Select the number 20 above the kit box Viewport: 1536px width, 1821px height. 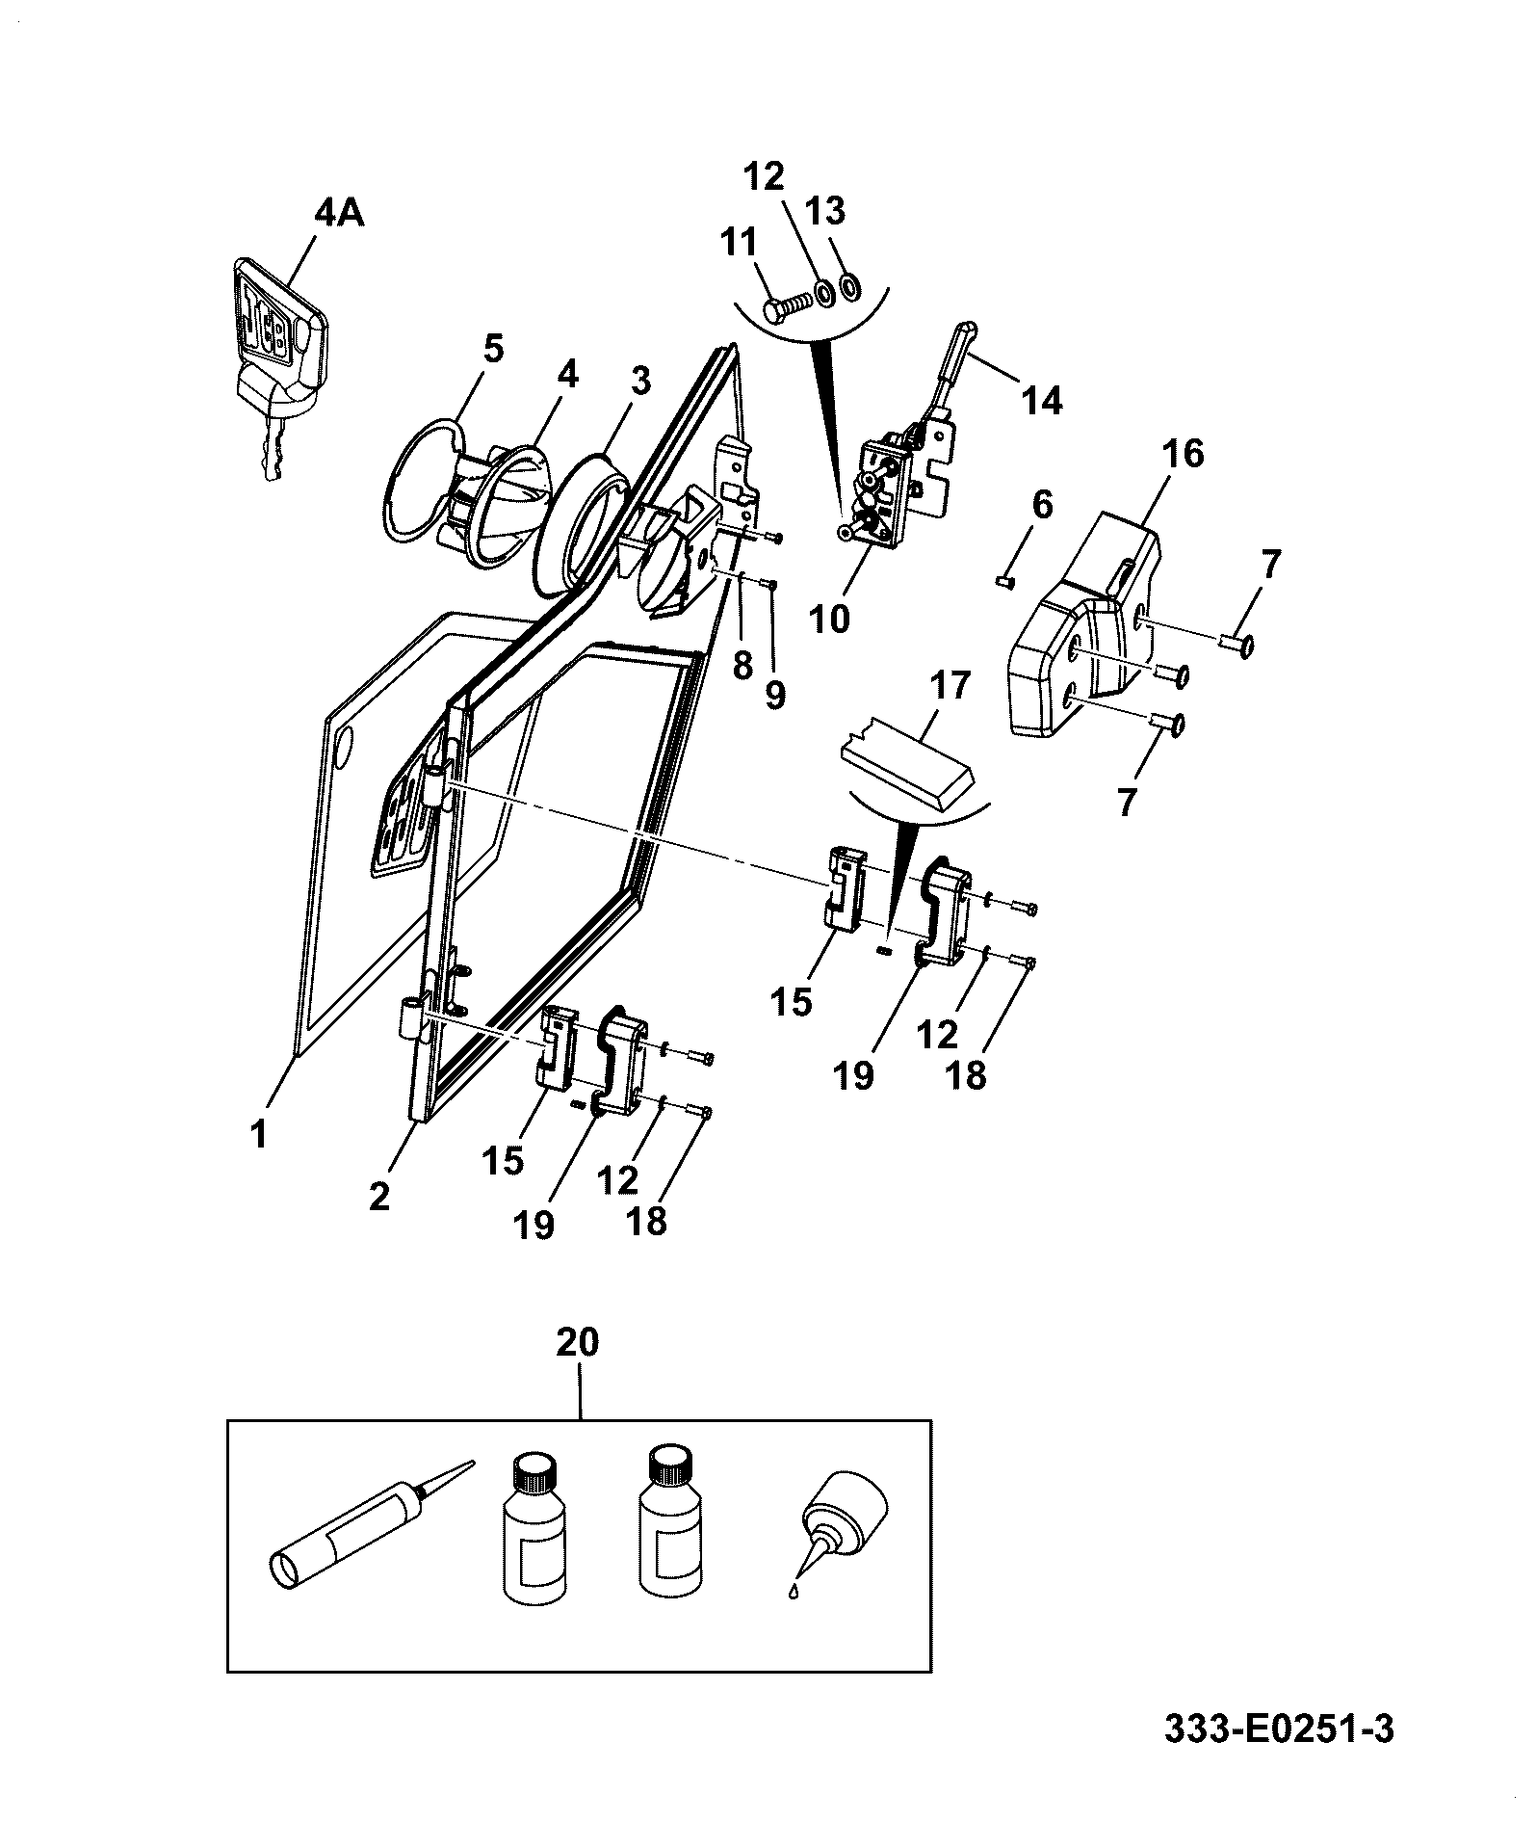point(578,1343)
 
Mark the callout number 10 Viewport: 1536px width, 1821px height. point(830,618)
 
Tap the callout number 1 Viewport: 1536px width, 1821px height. point(258,1135)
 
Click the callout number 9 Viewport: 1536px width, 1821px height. point(775,694)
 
